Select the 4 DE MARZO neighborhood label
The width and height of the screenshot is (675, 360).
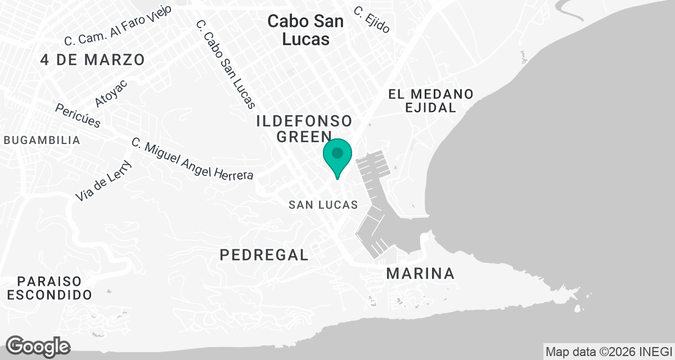click(93, 60)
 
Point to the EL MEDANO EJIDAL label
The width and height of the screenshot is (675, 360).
click(430, 101)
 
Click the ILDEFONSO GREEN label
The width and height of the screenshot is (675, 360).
click(304, 128)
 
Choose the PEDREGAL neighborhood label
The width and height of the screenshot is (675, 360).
click(264, 255)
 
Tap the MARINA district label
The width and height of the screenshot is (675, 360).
click(420, 274)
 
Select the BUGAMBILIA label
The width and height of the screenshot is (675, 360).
click(42, 141)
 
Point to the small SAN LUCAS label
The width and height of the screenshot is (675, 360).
click(323, 205)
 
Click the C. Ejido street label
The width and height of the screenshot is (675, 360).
click(371, 20)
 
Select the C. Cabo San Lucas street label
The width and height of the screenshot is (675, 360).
click(226, 64)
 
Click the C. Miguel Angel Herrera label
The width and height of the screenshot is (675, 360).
click(192, 159)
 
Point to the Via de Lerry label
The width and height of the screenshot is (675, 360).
click(103, 181)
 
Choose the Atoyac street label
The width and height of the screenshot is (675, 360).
click(111, 93)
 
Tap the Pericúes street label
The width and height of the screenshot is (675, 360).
click(78, 115)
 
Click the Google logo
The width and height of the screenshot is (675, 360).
click(38, 346)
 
